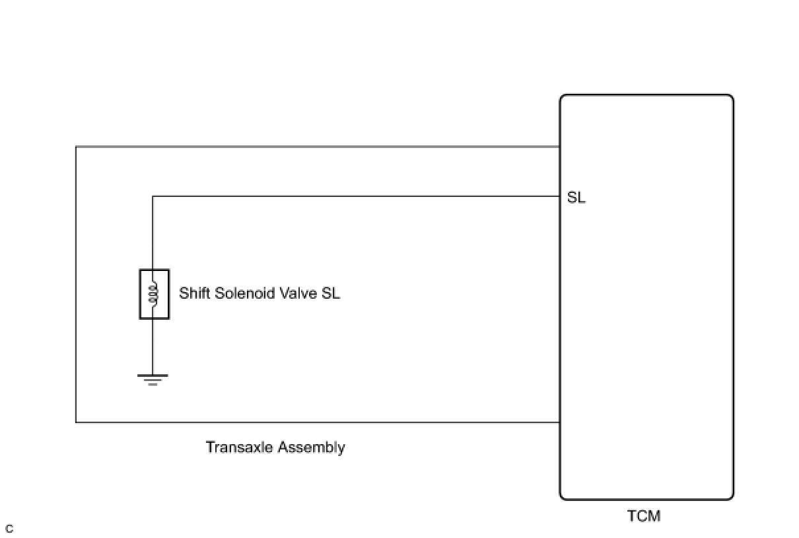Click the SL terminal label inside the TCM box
pyautogui.click(x=576, y=198)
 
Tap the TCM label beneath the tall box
pyautogui.click(x=643, y=516)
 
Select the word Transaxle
pyautogui.click(x=239, y=447)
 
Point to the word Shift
pyautogui.click(x=195, y=293)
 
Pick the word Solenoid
pyautogui.click(x=241, y=293)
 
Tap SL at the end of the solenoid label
pyautogui.click(x=331, y=293)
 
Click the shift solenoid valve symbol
pyautogui.click(x=154, y=294)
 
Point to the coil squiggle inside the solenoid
pyautogui.click(x=154, y=294)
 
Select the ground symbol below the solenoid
pyautogui.click(x=153, y=379)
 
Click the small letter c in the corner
pyautogui.click(x=9, y=529)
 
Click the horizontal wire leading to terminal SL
pyautogui.click(x=357, y=196)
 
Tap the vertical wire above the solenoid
pyautogui.click(x=153, y=231)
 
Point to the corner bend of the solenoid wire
pyautogui.click(x=153, y=196)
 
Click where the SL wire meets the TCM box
pyautogui.click(x=560, y=196)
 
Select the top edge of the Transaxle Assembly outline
pyautogui.click(x=317, y=146)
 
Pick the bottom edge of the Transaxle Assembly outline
pyautogui.click(x=317, y=422)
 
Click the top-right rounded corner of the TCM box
pyautogui.click(x=730, y=98)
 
